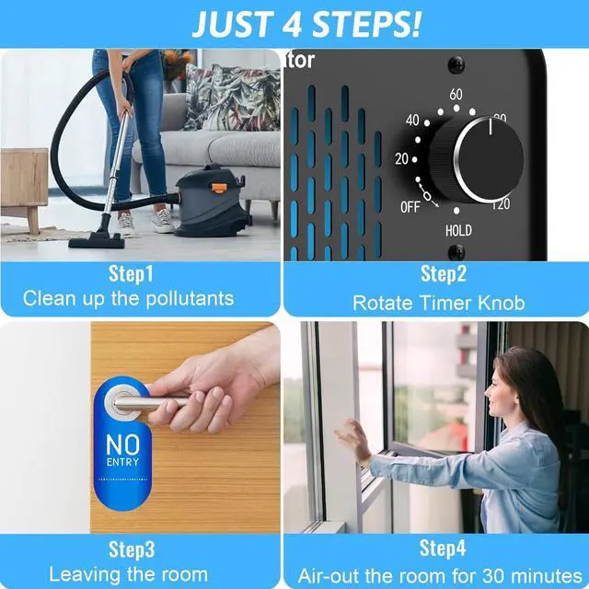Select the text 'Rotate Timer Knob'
point(438,302)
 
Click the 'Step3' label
point(132,549)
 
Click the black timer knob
point(479,158)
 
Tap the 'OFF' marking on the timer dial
point(410,207)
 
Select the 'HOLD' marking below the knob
point(458,230)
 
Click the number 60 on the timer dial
point(456,95)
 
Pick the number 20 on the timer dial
point(402,158)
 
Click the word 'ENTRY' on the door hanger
point(122,461)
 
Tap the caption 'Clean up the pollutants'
point(129,298)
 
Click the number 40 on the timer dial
point(412,121)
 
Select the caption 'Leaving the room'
point(128,575)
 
